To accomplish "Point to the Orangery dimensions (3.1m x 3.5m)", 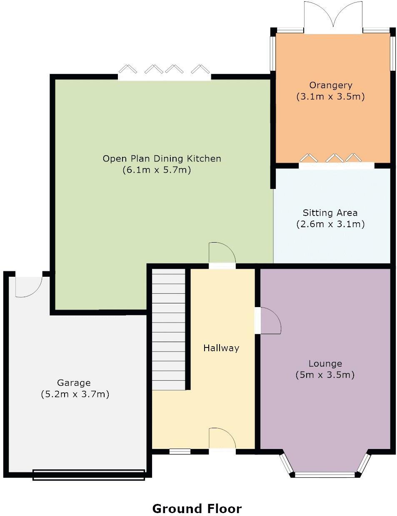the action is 330,97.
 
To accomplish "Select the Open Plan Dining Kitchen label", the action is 162,159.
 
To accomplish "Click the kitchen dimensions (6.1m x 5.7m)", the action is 157,170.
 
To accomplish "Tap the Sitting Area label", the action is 330,213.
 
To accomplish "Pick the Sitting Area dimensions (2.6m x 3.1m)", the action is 330,224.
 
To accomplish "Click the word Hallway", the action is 221,348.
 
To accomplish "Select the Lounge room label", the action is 325,363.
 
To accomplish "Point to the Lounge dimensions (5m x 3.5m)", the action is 325,375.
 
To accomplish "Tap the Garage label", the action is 74,383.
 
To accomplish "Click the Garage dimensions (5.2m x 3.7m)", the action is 75,394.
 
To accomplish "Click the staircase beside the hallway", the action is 169,329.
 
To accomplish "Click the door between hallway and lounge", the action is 268,321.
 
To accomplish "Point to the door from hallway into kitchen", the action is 222,256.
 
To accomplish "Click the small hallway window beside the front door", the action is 180,451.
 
